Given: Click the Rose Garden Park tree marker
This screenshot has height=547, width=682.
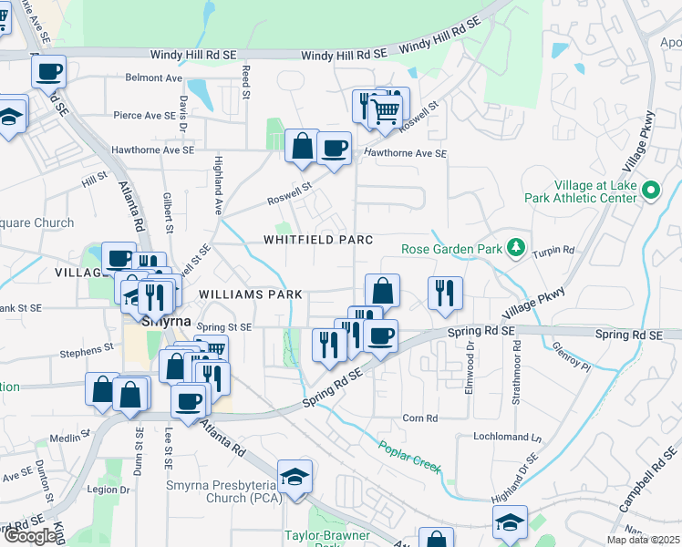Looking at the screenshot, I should click(x=516, y=248).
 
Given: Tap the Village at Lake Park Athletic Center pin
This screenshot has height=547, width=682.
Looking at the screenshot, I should click(x=650, y=191).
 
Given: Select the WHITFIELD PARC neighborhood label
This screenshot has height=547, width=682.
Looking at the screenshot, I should click(x=318, y=240).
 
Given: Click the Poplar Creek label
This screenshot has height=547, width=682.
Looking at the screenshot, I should click(x=410, y=457).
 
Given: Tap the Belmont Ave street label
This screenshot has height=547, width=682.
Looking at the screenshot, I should click(x=154, y=78).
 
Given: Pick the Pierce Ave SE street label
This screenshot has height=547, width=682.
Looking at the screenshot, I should click(x=143, y=116).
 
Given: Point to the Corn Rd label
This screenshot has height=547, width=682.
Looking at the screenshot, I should click(x=420, y=418).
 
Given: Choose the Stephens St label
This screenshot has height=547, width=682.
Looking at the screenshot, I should click(x=86, y=347).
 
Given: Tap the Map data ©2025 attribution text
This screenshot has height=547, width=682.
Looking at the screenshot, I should click(x=643, y=541).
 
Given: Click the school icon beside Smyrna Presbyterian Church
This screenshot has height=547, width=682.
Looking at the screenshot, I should click(x=294, y=478).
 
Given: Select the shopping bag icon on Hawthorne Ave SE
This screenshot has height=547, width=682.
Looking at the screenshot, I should click(x=302, y=146).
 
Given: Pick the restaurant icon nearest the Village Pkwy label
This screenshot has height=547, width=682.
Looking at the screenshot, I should click(x=444, y=293).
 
